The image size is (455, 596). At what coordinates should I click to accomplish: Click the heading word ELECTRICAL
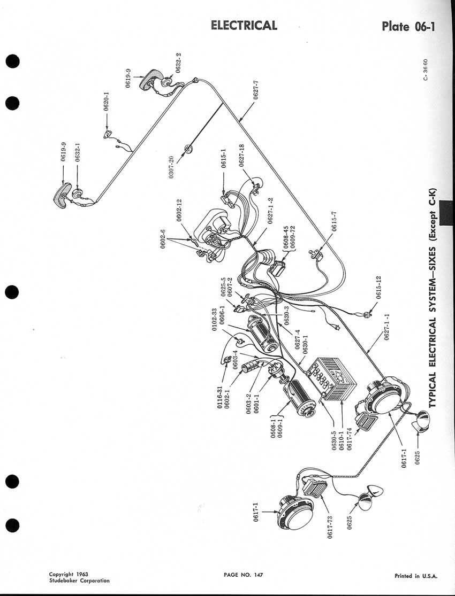tap(244, 25)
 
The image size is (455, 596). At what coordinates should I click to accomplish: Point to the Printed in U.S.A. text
tap(416, 576)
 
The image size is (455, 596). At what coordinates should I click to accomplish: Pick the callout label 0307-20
tap(171, 168)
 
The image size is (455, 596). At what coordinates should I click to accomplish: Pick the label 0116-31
tap(219, 396)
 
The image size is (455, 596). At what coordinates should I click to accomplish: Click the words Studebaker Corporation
tap(79, 580)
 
